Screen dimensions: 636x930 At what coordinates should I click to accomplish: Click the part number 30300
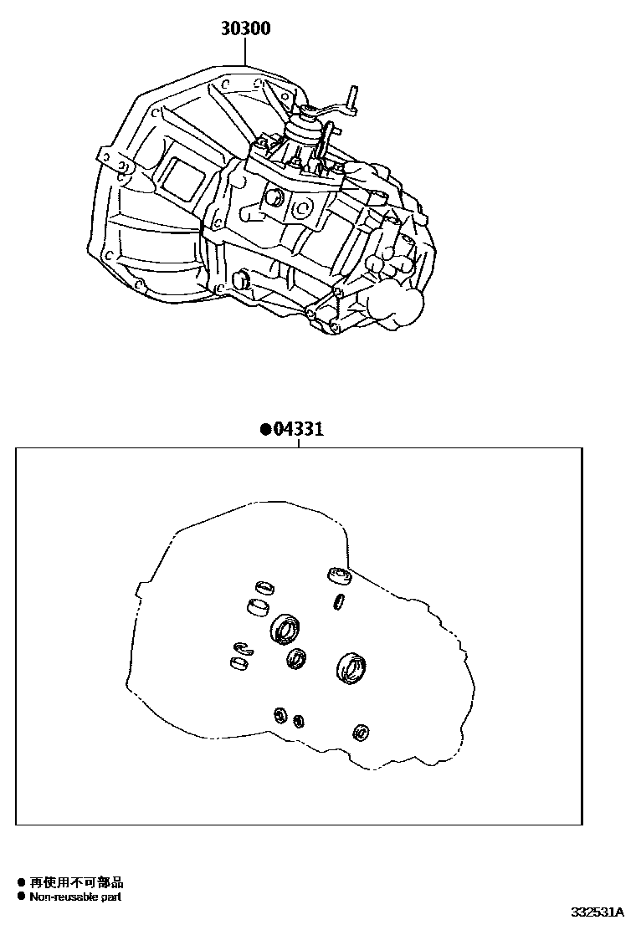245,29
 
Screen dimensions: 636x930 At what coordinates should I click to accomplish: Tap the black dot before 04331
264,431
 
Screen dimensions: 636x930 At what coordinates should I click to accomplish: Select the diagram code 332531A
598,912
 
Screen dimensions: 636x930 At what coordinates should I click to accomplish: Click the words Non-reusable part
75,897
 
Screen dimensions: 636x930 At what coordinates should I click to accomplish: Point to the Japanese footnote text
76,882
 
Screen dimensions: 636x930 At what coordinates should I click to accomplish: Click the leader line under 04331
298,444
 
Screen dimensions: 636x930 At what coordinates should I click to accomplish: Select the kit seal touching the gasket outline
339,575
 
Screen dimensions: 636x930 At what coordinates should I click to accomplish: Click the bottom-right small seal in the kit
362,731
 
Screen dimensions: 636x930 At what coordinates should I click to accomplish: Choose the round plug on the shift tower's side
273,198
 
